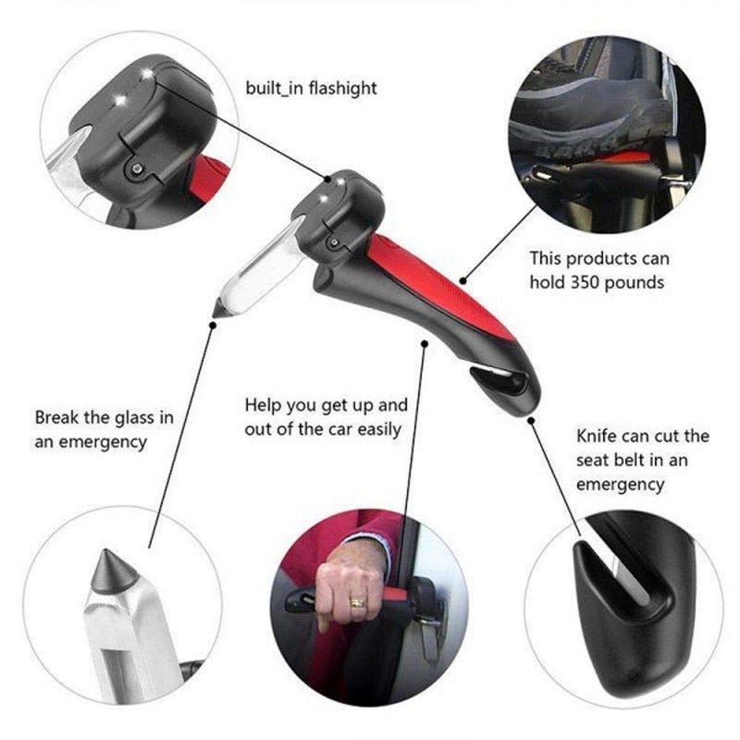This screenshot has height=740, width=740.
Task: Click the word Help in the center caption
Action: [x=263, y=405]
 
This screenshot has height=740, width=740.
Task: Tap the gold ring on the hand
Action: [x=356, y=601]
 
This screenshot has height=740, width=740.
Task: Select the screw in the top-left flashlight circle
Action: [x=137, y=167]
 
